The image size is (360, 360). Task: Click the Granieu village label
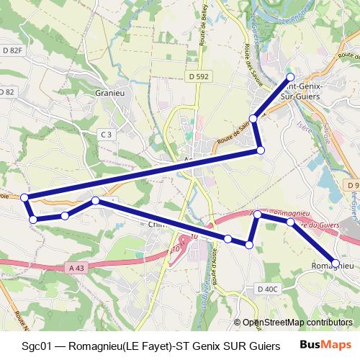[111, 93]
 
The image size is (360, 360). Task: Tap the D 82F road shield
[13, 50]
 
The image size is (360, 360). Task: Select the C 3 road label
[106, 135]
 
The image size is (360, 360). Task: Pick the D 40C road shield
[267, 289]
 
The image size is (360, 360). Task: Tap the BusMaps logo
[331, 346]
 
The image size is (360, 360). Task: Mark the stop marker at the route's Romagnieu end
[336, 263]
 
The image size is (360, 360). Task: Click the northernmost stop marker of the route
[290, 76]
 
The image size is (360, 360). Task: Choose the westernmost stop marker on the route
[24, 197]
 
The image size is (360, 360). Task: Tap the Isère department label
[302, 132]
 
